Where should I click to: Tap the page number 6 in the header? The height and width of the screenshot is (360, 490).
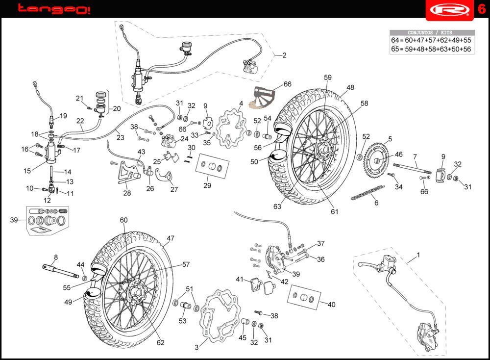click(x=481, y=9)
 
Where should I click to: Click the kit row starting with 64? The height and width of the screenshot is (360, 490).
click(x=432, y=40)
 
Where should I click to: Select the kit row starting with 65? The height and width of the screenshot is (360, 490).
click(x=432, y=49)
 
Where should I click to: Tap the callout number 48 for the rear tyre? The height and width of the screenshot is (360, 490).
click(x=350, y=88)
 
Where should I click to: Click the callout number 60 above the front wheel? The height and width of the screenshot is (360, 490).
click(x=123, y=220)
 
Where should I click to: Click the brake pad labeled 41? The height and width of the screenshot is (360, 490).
click(x=254, y=283)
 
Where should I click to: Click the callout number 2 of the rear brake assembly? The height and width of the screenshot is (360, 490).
click(x=284, y=55)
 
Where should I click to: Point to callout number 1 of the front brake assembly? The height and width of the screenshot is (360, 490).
click(x=418, y=255)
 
